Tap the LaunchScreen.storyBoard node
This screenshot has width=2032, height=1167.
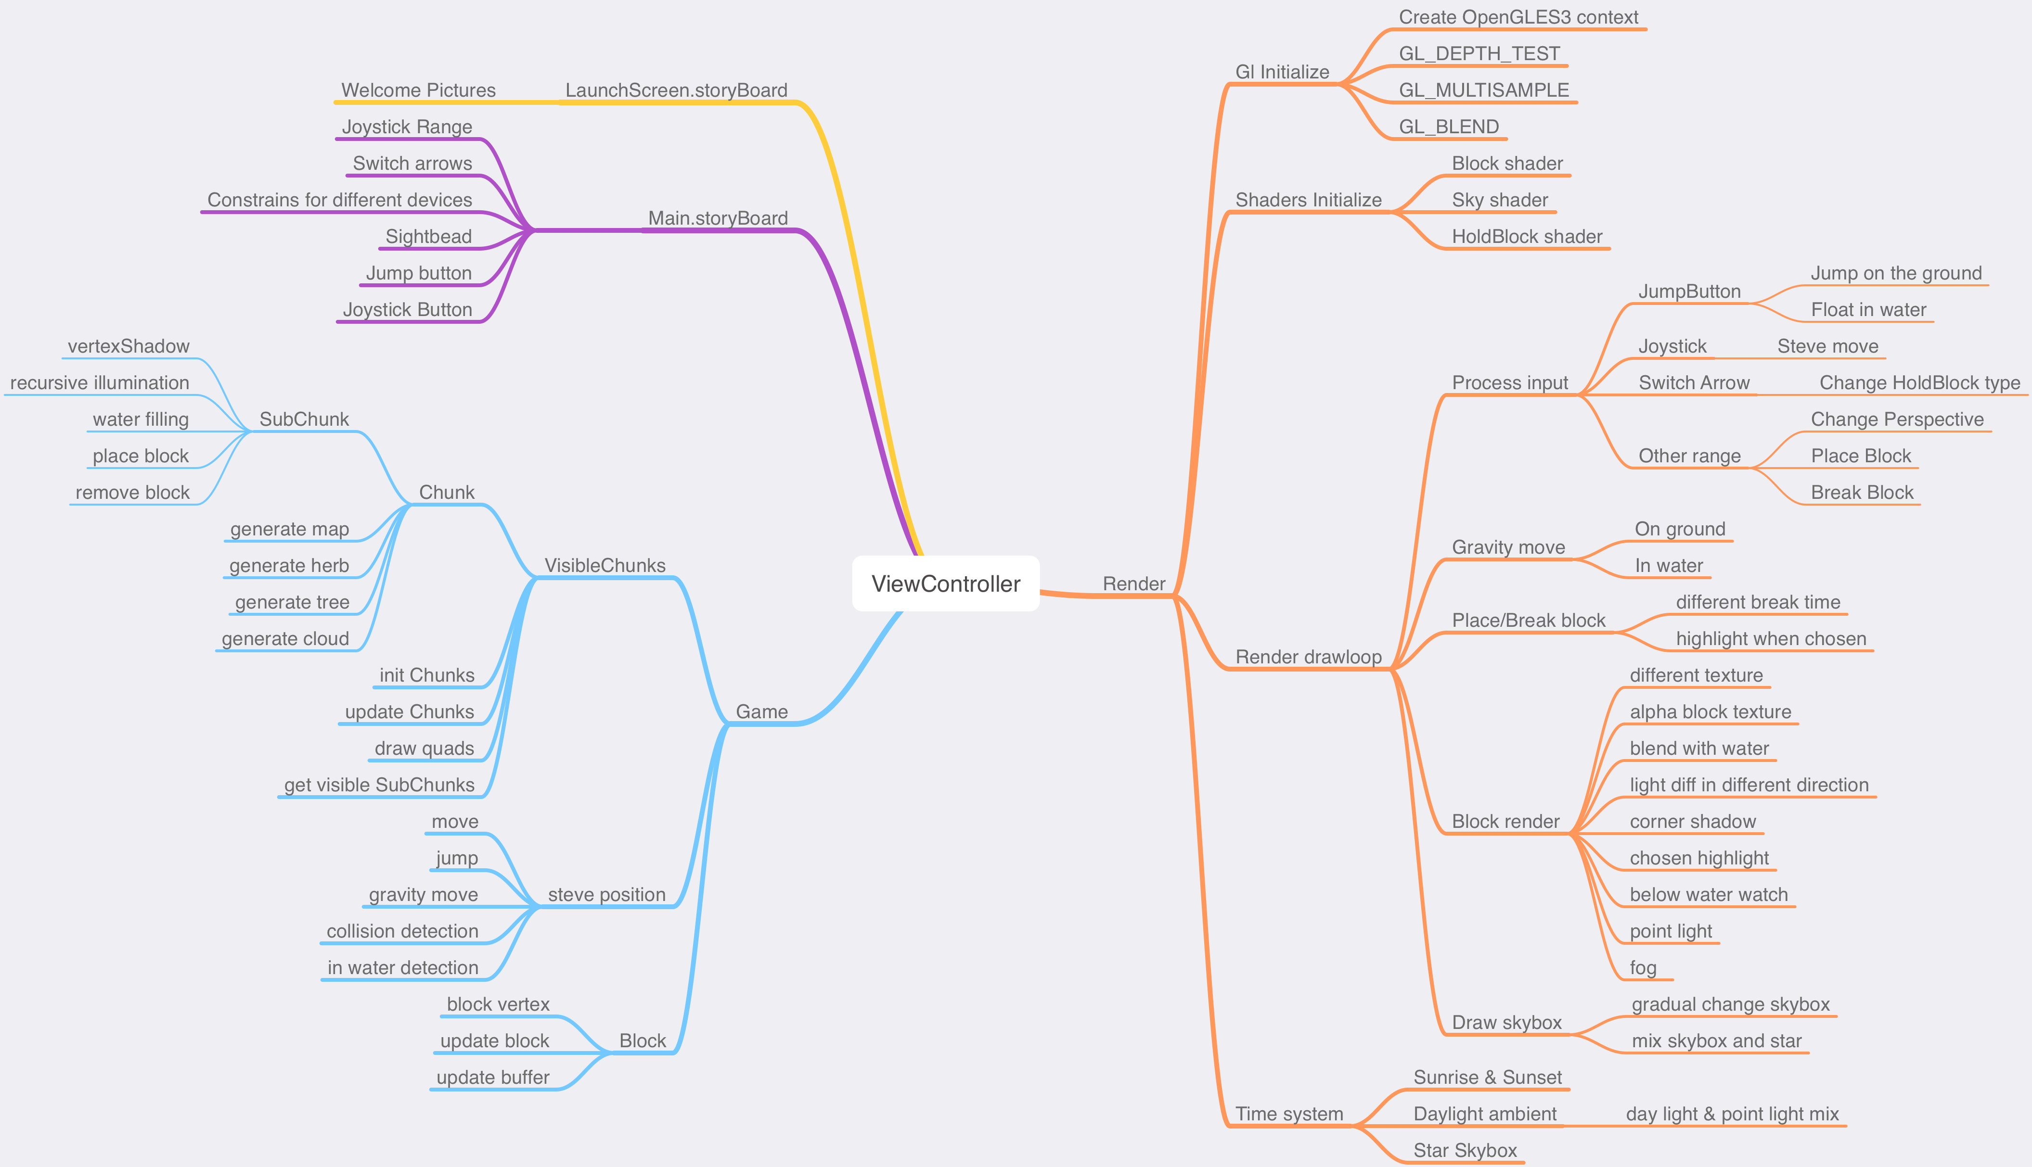676,90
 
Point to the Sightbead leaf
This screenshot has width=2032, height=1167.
428,237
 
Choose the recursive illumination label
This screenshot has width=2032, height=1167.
100,383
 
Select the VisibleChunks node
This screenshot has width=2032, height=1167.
604,565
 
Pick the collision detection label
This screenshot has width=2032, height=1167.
402,931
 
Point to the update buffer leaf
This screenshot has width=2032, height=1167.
492,1077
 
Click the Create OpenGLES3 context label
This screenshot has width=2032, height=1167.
1518,18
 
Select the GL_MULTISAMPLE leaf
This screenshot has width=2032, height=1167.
1483,90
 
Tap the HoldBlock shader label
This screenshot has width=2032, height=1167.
1527,237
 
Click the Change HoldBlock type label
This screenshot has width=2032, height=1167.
1919,383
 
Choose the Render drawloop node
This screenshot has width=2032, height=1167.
1308,657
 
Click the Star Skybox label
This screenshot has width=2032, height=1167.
1464,1150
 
